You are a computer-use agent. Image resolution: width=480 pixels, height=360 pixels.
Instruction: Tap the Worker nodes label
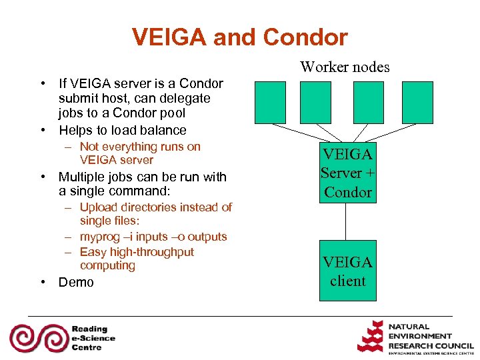[x=345, y=67]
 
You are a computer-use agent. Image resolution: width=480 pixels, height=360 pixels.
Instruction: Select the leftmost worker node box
[x=269, y=102]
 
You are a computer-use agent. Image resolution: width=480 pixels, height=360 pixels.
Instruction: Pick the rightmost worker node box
[x=418, y=102]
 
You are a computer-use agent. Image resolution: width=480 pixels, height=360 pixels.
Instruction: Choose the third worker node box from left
[x=369, y=102]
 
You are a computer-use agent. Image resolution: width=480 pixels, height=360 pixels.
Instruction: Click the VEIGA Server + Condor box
[x=347, y=173]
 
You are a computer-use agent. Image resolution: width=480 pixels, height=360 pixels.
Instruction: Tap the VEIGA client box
[x=347, y=270]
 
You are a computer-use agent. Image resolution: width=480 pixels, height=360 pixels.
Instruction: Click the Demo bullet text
[x=76, y=282]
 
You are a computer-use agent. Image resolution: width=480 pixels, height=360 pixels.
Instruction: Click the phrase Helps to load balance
[x=123, y=130]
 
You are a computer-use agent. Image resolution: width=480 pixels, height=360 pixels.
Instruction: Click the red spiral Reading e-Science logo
[x=37, y=338]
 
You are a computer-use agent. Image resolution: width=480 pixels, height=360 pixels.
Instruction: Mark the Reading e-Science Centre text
[x=93, y=338]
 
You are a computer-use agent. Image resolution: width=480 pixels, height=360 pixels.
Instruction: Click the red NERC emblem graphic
[x=371, y=337]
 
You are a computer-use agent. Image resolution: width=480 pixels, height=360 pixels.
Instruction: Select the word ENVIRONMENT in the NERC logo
[x=420, y=336]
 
